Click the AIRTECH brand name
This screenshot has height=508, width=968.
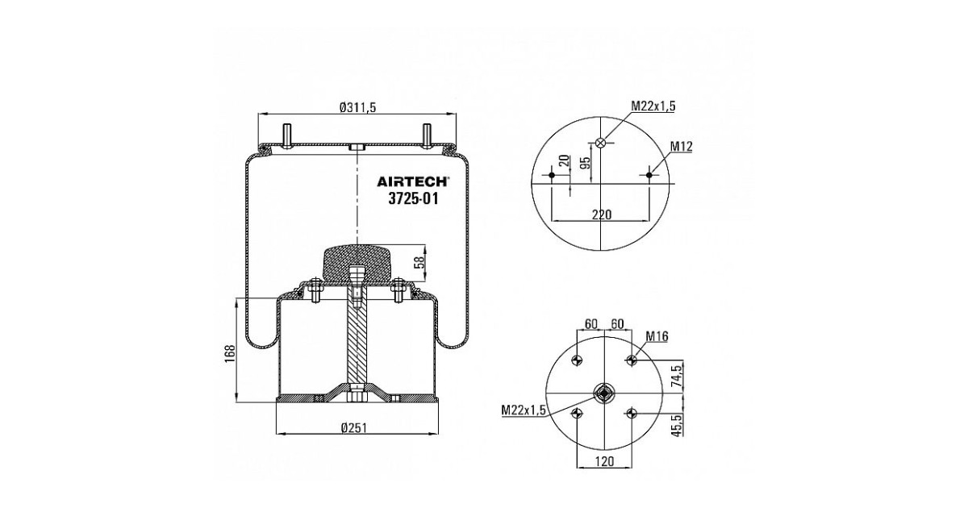click(x=412, y=181)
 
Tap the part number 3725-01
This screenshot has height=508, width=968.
click(x=413, y=198)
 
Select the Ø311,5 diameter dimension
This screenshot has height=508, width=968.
click(x=358, y=107)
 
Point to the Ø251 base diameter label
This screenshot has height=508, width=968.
click(x=353, y=427)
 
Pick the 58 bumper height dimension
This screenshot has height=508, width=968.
click(x=419, y=262)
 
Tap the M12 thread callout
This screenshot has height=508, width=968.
click(x=682, y=147)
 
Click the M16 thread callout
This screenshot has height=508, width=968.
click(x=657, y=336)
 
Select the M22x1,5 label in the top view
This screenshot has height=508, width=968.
click(x=653, y=106)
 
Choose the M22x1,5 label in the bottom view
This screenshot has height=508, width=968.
click(x=524, y=410)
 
